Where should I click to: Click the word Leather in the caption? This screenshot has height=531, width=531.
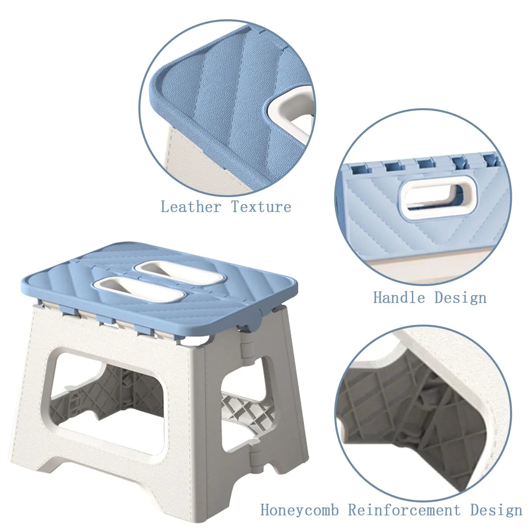(x=191, y=206)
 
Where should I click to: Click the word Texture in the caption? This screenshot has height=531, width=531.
(x=261, y=206)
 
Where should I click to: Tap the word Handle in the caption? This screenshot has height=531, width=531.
(x=399, y=297)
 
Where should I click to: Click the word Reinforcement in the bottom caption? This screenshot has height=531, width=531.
(x=404, y=509)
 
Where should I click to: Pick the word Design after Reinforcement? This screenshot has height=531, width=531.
(x=496, y=509)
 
